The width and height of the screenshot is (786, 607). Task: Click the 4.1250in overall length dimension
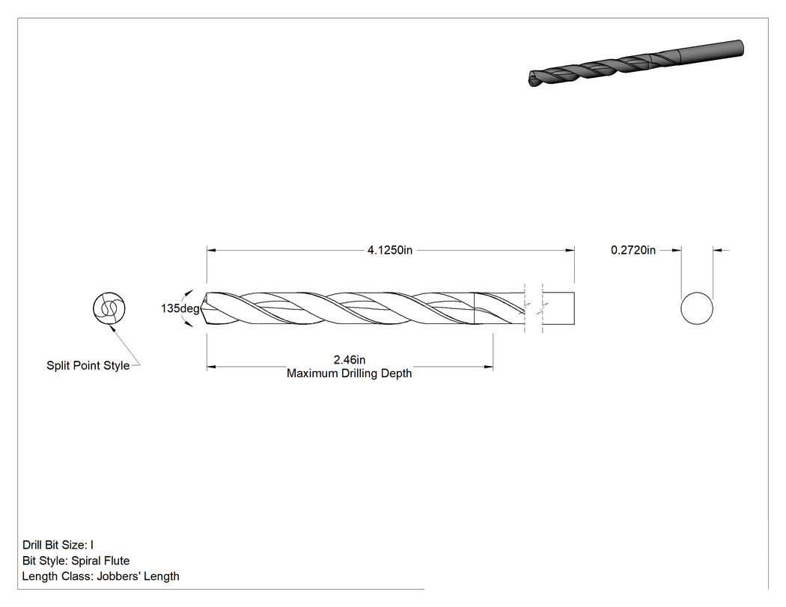[x=390, y=250]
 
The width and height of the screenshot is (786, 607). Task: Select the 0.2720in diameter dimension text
[x=633, y=250]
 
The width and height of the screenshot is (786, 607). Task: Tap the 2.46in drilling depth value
[x=350, y=360]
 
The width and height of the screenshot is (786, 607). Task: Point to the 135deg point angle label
[x=180, y=308]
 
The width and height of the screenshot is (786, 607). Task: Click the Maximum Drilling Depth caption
[x=350, y=373]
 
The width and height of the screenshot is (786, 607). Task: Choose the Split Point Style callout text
[x=88, y=365]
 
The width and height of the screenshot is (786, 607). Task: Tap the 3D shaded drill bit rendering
[x=636, y=63]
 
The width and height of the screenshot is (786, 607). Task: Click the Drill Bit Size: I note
[x=58, y=545]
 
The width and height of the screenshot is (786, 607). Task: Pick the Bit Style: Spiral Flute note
[x=76, y=561]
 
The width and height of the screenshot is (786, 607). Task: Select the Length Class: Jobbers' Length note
[x=101, y=576]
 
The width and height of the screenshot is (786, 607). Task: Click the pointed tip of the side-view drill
[x=201, y=308]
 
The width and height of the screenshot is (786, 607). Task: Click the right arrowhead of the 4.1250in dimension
[x=570, y=250]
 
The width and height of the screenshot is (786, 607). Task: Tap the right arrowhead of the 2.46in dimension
[x=489, y=367]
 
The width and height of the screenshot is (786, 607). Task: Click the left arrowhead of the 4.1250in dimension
[x=212, y=250]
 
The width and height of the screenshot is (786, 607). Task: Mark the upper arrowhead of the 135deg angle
[x=189, y=292]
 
